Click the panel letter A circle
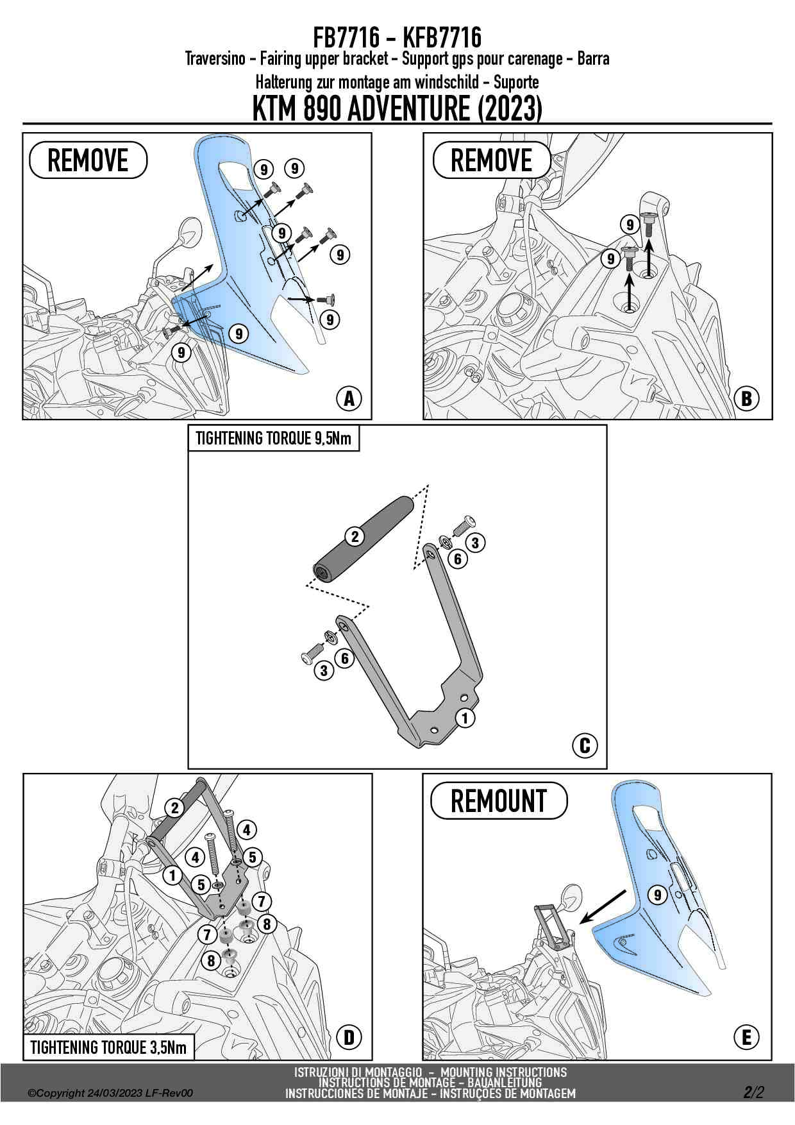pos(349,398)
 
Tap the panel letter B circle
pos(746,398)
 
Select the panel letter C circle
pos(584,745)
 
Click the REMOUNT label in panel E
pos(499,800)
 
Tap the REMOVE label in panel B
pos(492,160)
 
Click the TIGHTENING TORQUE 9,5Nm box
pos(274,439)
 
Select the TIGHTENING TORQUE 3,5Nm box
pos(108,1047)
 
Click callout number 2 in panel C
pos(355,536)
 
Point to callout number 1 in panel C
pos(465,717)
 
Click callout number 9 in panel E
pos(657,894)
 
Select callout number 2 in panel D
pos(174,808)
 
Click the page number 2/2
pos(754,1092)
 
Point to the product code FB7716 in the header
pos(342,38)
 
